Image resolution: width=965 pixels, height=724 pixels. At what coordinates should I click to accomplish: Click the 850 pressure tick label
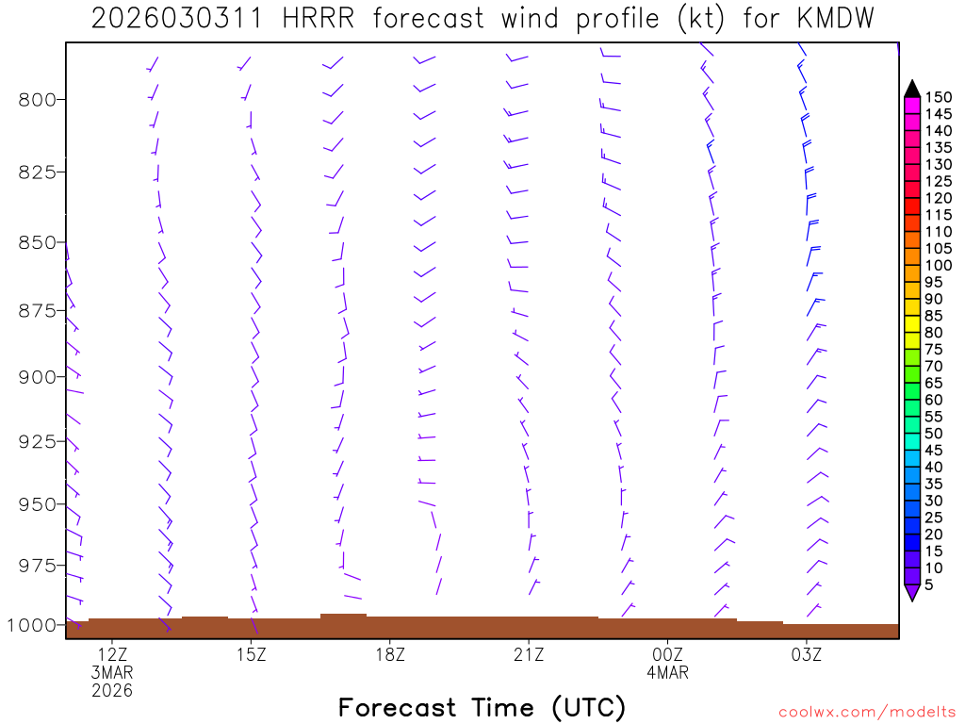[x=37, y=242]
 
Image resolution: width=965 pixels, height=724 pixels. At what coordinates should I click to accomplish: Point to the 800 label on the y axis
[x=37, y=99]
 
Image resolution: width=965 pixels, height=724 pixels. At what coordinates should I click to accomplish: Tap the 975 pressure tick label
[x=37, y=565]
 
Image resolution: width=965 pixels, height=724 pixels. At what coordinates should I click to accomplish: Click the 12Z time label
[x=112, y=653]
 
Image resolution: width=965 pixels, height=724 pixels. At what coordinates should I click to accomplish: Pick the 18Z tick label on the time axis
[x=390, y=653]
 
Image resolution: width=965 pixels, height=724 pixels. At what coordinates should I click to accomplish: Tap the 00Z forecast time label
[x=668, y=653]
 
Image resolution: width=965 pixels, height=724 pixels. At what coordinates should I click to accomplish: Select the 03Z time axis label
[x=807, y=653]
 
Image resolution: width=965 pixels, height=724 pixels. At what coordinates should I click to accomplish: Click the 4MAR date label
[x=668, y=672]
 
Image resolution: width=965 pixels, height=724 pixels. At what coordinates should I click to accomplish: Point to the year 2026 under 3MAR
[x=112, y=691]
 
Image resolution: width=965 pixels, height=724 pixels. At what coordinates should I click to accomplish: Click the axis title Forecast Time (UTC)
[x=482, y=707]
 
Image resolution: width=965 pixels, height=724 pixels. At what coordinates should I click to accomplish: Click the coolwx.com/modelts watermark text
[x=866, y=712]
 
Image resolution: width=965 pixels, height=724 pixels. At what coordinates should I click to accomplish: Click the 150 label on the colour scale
[x=938, y=97]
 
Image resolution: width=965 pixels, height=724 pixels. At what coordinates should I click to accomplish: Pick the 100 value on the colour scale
[x=938, y=265]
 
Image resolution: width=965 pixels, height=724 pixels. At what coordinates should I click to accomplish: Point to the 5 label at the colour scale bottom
[x=928, y=584]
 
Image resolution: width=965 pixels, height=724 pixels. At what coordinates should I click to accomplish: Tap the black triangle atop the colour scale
[x=912, y=89]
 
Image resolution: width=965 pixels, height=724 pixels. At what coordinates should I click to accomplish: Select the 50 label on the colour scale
[x=933, y=433]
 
